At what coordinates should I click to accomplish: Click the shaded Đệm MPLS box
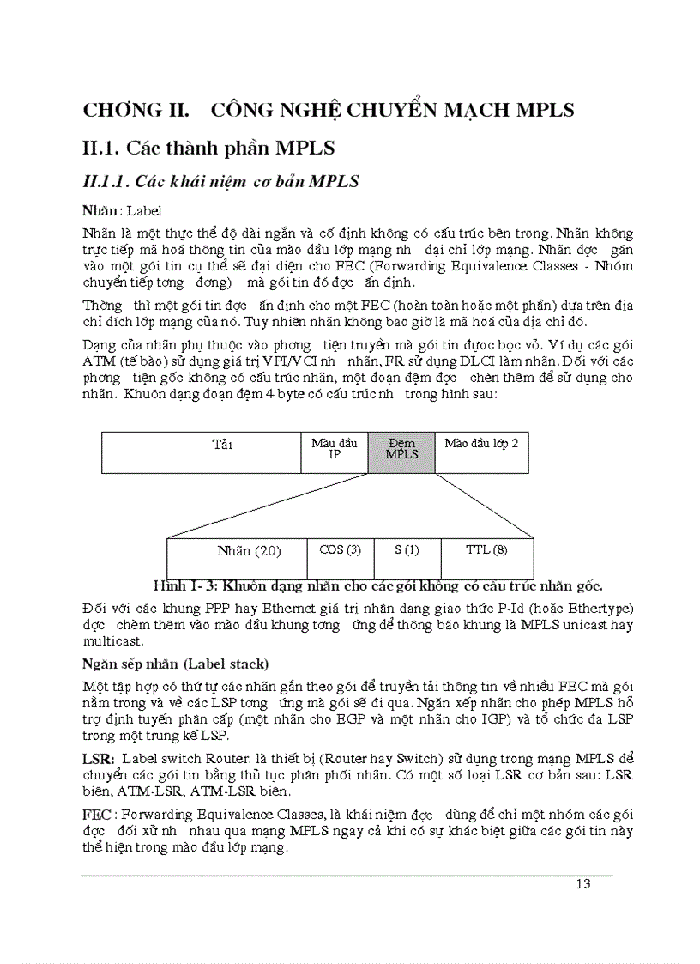tap(401, 452)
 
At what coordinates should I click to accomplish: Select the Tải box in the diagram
tap(201, 452)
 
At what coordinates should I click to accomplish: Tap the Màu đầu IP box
tap(335, 452)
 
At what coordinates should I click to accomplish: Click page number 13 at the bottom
tap(582, 885)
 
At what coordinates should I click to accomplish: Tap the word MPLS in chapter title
tap(535, 110)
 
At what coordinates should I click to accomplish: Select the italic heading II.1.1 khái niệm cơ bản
tap(220, 181)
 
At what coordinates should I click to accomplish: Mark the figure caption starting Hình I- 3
tap(377, 586)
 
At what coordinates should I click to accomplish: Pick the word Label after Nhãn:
tap(144, 210)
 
